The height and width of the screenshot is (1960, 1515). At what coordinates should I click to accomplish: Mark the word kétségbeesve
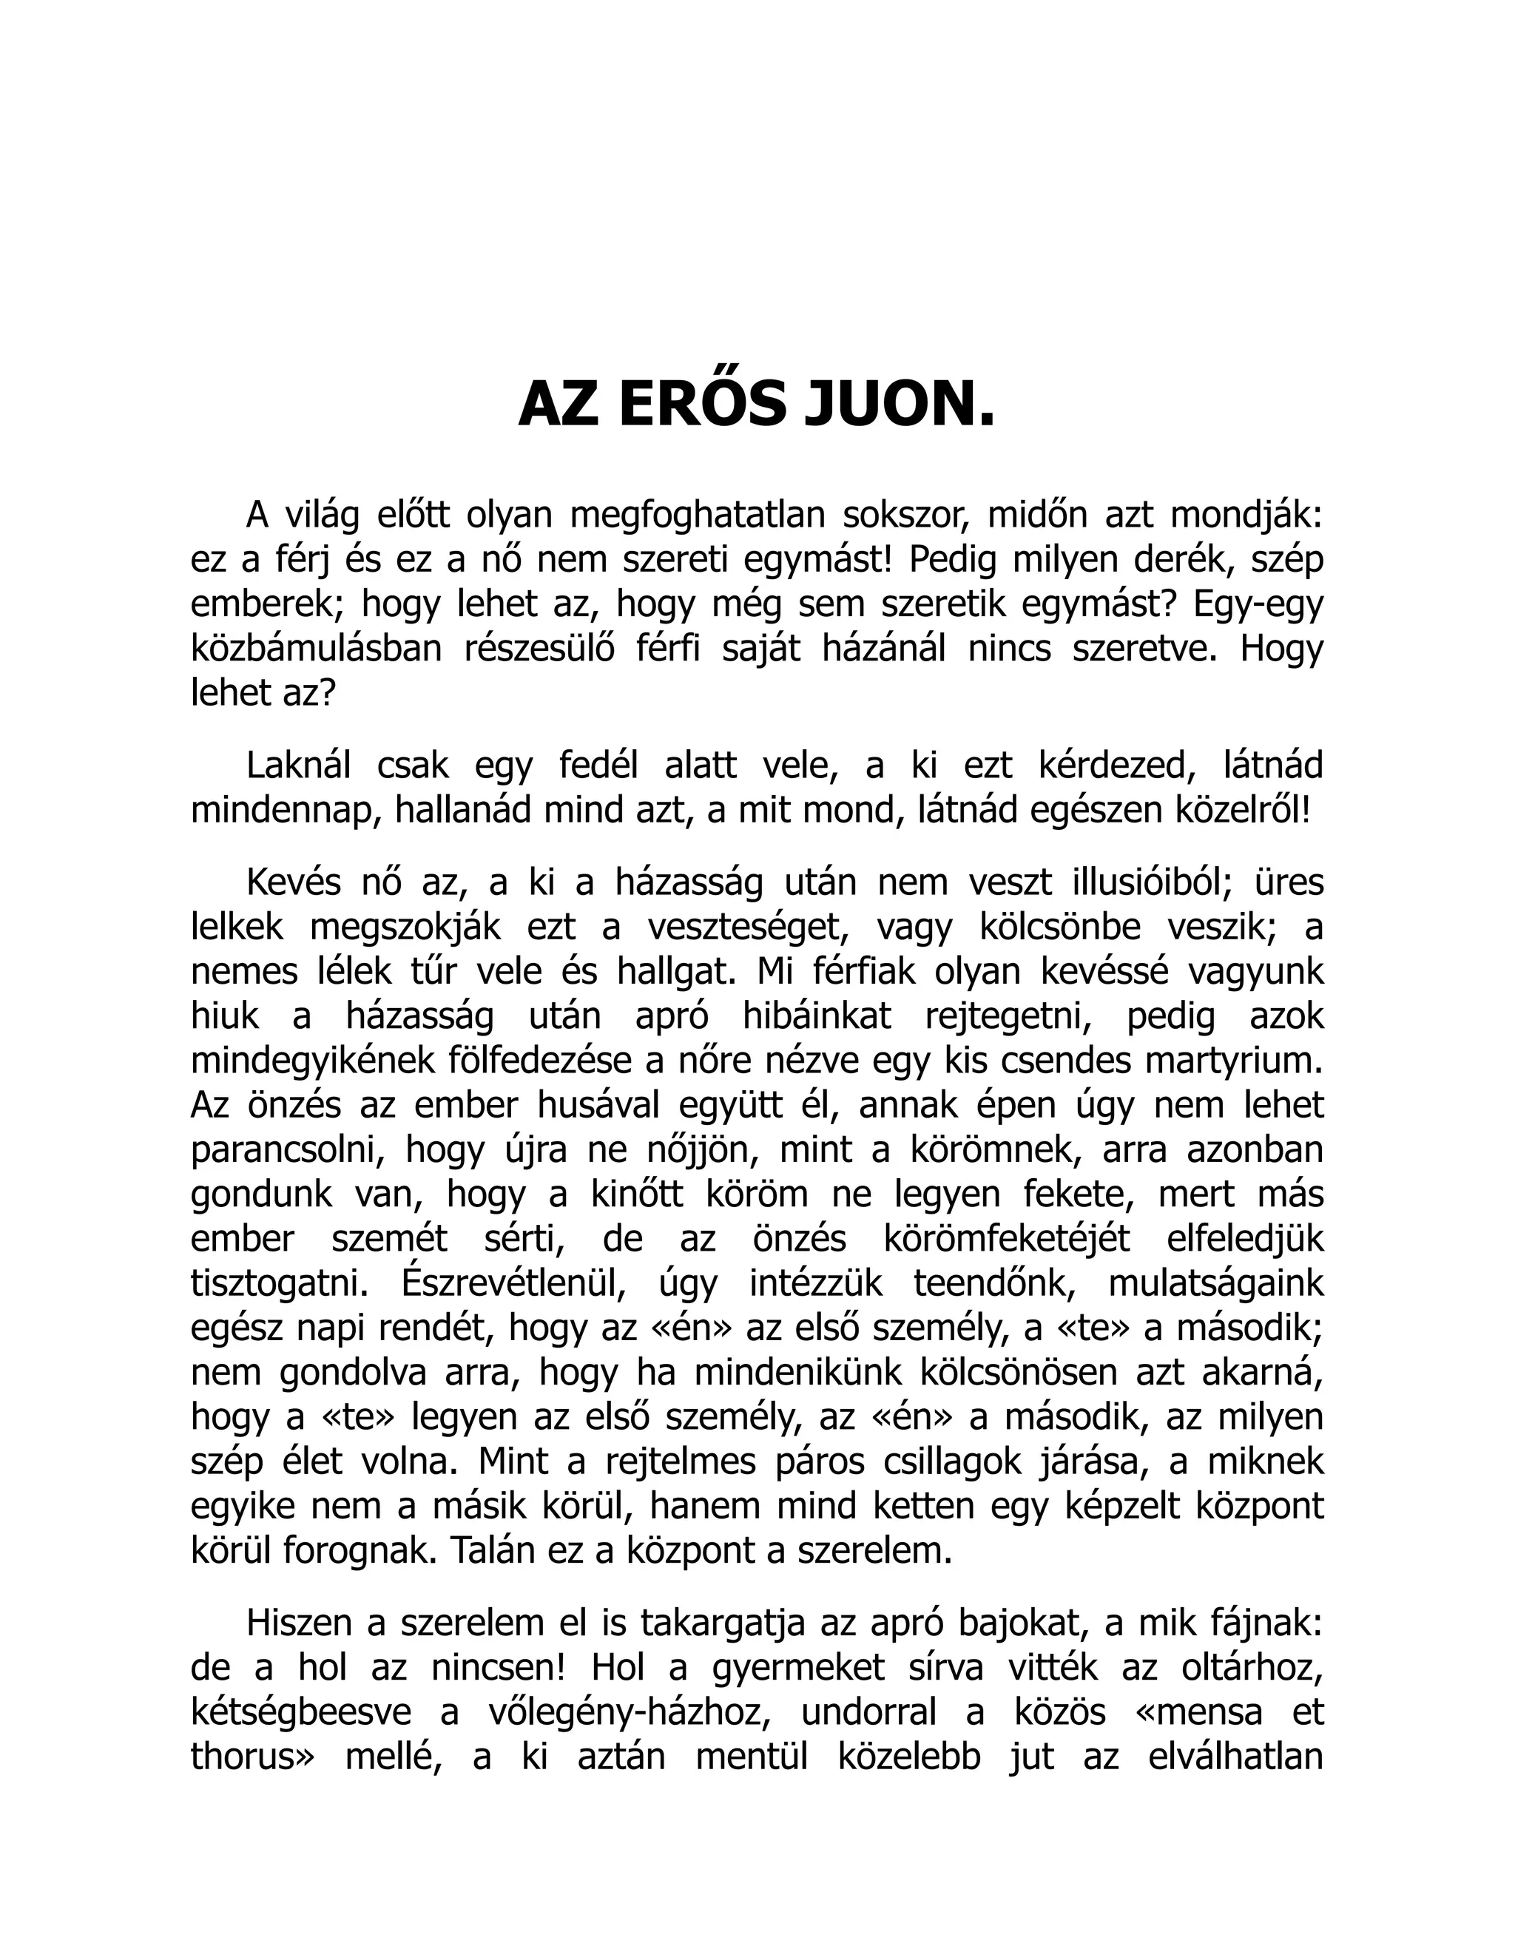(300, 1711)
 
